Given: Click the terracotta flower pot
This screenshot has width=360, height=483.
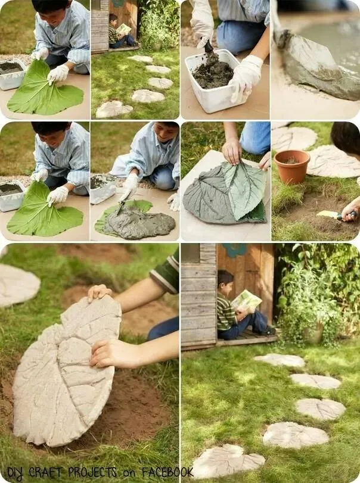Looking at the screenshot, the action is coord(291,166).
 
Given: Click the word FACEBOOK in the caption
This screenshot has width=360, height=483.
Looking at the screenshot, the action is coord(167,472).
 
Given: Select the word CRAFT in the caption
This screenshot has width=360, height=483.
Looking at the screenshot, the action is coord(45,472).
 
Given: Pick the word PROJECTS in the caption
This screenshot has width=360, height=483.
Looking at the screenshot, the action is coord(92,472).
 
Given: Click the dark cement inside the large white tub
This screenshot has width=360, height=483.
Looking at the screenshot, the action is coord(213,73).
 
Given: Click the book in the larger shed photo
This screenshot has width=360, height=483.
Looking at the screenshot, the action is coord(247,301).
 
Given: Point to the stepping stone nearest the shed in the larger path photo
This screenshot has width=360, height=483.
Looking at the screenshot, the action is coord(280,360).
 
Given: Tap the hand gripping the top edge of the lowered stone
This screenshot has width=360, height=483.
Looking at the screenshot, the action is coord(100,292).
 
